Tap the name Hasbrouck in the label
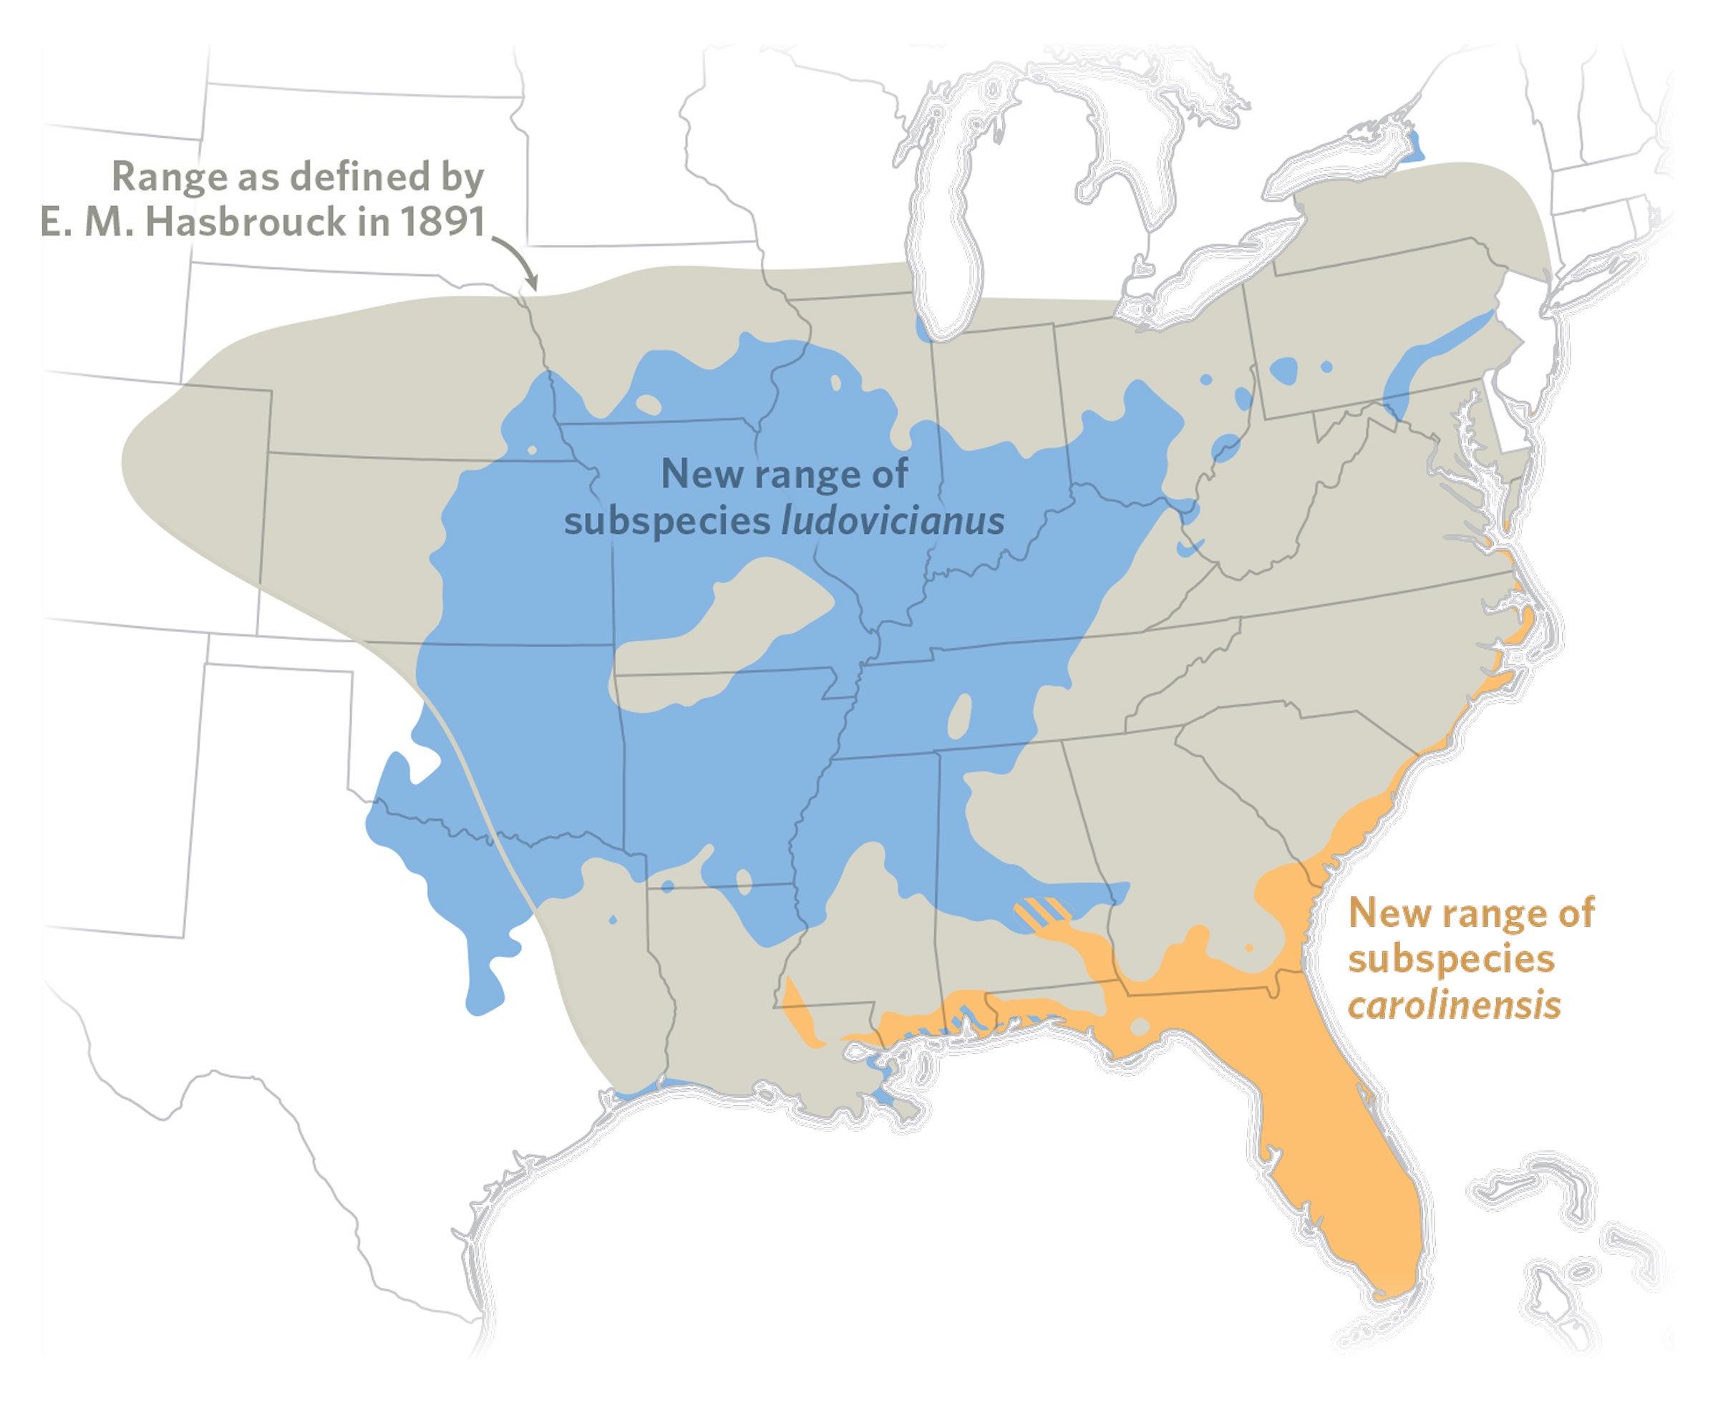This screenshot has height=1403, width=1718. coord(245,221)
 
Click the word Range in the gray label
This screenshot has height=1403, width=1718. coord(169,176)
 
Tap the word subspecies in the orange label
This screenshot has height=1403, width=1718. coord(1450,959)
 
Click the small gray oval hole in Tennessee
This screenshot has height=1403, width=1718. coord(959,715)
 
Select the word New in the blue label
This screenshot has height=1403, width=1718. coord(698,474)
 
